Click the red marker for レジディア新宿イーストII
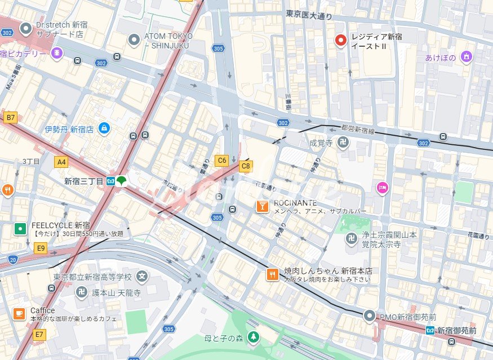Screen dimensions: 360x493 (341, 40)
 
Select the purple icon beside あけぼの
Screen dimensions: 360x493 (465, 56)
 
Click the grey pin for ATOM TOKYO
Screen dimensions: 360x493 (134, 39)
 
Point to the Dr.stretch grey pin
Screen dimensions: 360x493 (25, 28)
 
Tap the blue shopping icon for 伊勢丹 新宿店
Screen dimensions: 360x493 (104, 128)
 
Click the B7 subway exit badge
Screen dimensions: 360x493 (10, 117)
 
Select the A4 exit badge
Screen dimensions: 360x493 (61, 162)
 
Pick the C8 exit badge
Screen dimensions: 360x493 (246, 166)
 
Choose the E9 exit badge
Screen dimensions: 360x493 (40, 247)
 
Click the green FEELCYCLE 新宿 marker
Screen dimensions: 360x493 (20, 228)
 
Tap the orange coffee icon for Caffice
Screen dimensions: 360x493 (19, 314)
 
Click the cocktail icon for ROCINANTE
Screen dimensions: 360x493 (262, 206)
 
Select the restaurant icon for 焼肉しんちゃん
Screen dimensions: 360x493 (273, 274)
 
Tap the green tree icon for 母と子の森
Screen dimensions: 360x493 (254, 337)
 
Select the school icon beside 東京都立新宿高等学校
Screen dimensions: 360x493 (143, 277)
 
